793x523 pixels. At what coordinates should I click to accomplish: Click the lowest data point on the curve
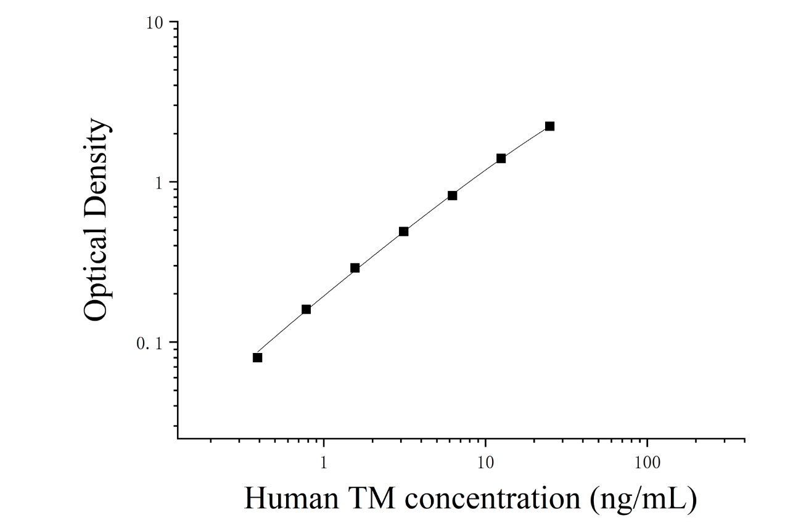[257, 357]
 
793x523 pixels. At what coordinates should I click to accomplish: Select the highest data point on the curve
[549, 126]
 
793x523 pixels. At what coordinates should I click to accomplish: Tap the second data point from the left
[306, 309]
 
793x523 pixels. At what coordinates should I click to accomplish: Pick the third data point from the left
[355, 268]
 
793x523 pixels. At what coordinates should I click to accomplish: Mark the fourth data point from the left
[403, 232]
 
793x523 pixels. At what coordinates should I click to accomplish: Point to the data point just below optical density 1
[452, 195]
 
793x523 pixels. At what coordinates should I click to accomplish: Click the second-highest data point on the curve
[501, 158]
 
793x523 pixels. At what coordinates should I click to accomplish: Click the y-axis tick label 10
[154, 23]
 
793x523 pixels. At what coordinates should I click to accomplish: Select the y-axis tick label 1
[159, 183]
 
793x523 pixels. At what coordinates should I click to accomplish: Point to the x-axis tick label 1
[323, 463]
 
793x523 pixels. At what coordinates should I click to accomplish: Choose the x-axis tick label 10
[485, 463]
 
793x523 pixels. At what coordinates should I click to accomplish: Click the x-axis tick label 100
[647, 463]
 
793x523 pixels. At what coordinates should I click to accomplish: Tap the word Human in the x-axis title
[291, 498]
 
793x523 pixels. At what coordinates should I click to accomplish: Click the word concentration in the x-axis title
[493, 498]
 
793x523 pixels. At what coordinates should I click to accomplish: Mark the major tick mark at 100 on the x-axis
[647, 442]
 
